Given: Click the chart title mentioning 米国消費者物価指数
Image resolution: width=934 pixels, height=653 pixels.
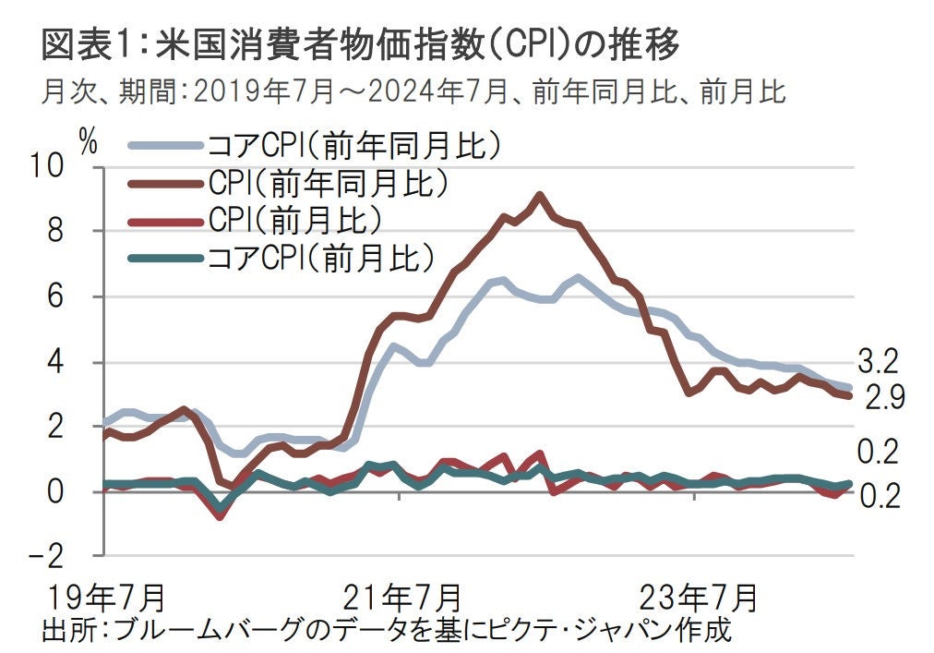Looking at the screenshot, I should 360,43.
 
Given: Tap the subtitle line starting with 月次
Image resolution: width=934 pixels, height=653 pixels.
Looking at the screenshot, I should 413,92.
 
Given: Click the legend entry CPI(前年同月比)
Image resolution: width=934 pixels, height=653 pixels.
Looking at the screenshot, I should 329,183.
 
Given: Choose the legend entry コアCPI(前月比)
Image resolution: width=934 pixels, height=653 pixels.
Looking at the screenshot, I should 321,257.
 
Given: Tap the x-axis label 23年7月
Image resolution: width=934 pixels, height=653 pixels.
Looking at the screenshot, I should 697,594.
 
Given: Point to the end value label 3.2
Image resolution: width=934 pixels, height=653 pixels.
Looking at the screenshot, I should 877,359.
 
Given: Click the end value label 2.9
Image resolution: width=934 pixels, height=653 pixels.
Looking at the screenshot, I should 883,398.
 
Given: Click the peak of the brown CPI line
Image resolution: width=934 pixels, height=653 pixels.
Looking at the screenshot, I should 540,195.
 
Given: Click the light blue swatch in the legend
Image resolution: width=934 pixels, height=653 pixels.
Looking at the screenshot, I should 166,146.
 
